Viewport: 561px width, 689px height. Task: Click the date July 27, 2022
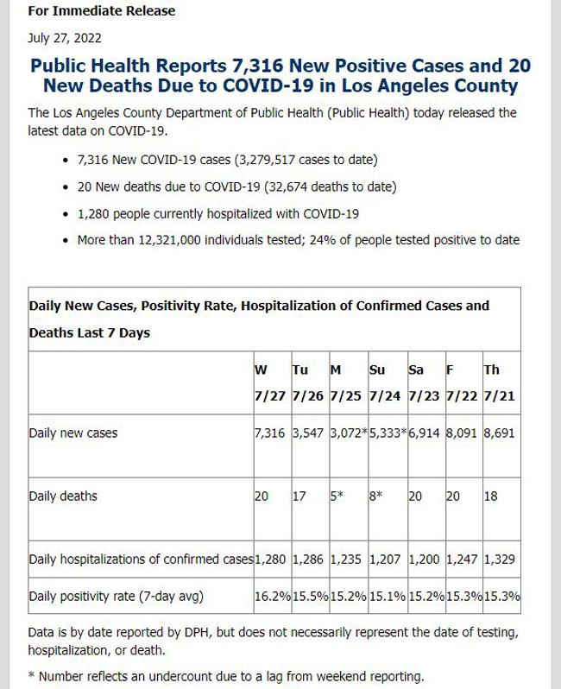click(x=65, y=38)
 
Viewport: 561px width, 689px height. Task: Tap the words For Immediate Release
click(x=102, y=10)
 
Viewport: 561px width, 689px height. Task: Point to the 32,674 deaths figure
click(x=291, y=186)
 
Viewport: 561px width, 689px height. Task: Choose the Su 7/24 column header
click(x=385, y=382)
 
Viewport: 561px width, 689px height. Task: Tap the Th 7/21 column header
click(x=500, y=382)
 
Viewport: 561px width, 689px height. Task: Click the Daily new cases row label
click(x=72, y=433)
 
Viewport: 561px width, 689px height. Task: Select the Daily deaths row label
click(x=63, y=496)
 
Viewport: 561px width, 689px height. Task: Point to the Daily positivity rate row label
click(x=116, y=597)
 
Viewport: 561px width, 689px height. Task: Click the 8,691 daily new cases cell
click(x=499, y=433)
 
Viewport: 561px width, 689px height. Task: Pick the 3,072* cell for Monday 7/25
click(x=349, y=433)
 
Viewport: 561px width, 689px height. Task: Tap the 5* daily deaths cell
click(x=337, y=496)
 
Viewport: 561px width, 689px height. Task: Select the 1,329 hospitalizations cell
click(x=500, y=559)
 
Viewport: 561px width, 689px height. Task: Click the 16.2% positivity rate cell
click(x=273, y=597)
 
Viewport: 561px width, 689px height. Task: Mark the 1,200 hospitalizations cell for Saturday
click(x=424, y=559)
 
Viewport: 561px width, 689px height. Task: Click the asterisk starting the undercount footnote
click(x=31, y=675)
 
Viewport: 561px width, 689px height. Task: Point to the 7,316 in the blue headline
click(x=257, y=66)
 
